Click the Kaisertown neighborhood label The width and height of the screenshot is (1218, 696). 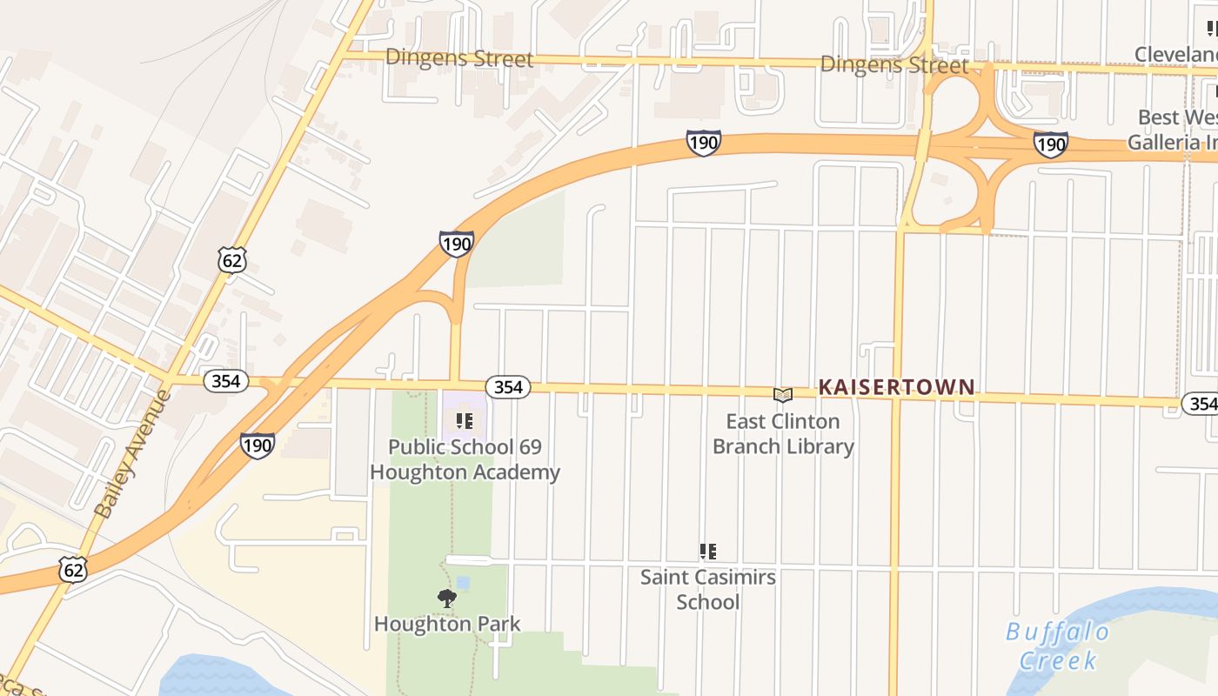[896, 387]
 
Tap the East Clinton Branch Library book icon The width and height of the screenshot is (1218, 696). [783, 395]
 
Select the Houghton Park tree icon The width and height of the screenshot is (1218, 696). [447, 598]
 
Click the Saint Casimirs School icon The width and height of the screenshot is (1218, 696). [708, 551]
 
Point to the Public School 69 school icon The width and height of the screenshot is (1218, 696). [465, 421]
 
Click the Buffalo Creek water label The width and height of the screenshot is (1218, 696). [1058, 646]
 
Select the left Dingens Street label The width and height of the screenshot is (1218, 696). [458, 58]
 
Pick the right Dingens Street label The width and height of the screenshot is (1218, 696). [894, 64]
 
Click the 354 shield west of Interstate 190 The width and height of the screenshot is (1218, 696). [226, 381]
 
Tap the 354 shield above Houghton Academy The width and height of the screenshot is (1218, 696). [507, 387]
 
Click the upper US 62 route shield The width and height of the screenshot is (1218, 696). [232, 259]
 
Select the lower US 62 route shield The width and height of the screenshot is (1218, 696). [74, 570]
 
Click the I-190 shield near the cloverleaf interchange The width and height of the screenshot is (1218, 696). [1050, 144]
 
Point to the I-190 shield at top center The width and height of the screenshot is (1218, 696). [703, 143]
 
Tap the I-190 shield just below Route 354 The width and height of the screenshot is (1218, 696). [258, 445]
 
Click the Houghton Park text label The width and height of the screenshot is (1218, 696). [447, 624]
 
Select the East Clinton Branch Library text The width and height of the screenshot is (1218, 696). [783, 434]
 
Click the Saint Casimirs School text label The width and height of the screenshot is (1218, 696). [708, 589]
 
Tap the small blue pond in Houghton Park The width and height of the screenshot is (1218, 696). [463, 582]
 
